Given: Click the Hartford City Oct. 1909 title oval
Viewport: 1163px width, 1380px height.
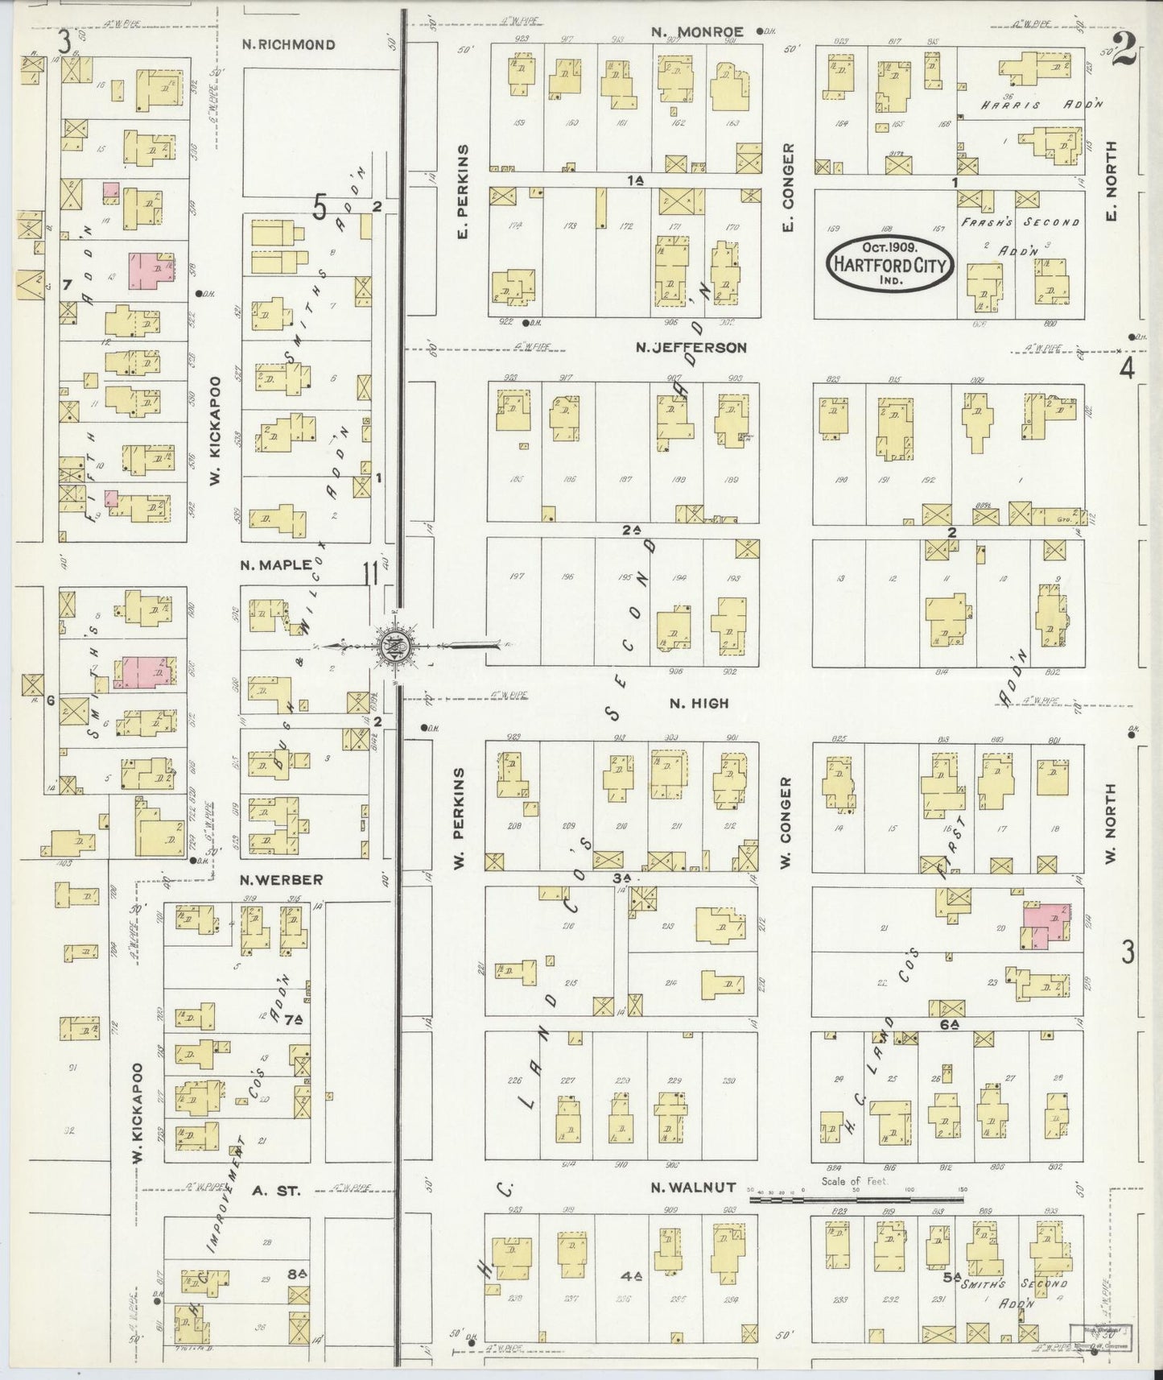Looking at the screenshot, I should (890, 263).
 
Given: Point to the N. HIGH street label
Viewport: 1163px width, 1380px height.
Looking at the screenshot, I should (699, 703).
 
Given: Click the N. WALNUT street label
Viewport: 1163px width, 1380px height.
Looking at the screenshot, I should (694, 1187).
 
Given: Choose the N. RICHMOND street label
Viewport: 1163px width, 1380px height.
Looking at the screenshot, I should (288, 44).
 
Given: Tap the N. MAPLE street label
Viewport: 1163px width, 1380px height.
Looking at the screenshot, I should (275, 565).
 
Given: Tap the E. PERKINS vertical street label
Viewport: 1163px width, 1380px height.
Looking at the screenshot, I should (464, 192).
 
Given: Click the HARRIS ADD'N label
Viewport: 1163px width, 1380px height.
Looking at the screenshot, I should (1041, 105).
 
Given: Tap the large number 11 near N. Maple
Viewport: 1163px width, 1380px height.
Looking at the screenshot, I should (371, 574).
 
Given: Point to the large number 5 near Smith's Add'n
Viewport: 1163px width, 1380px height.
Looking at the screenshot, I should (320, 209).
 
